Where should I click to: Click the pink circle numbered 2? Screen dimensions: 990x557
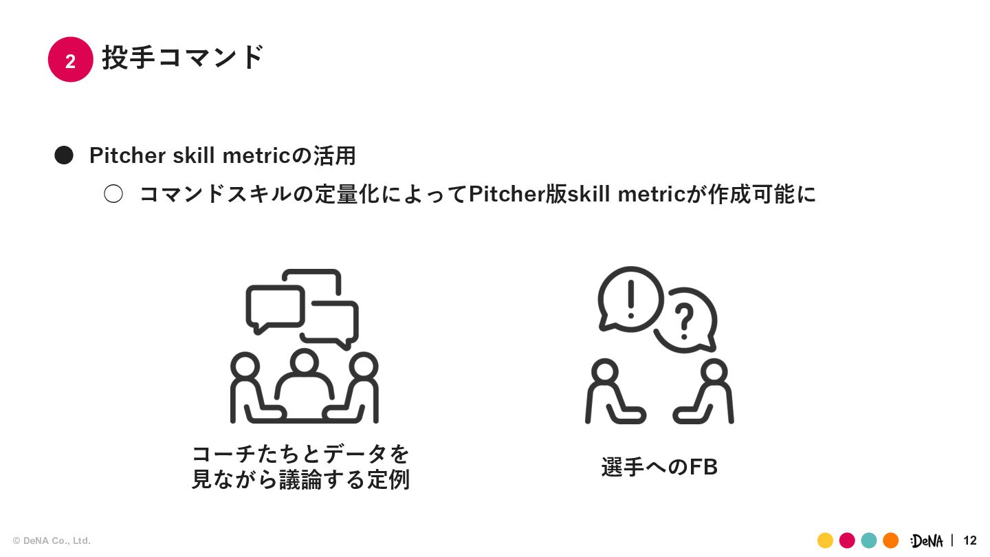point(70,60)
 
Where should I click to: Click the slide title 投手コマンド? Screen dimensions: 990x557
point(183,57)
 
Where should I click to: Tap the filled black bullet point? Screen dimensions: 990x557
point(64,155)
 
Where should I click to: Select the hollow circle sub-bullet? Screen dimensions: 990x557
point(113,194)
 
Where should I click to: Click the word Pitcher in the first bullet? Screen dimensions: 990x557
point(127,156)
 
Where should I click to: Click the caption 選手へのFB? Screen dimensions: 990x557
point(659,467)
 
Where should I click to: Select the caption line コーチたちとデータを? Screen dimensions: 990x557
point(300,454)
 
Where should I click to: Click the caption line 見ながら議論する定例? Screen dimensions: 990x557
point(300,480)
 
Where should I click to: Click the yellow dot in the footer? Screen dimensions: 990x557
point(825,540)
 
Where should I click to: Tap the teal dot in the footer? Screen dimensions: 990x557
point(869,540)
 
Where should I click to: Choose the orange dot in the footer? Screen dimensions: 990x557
point(891,540)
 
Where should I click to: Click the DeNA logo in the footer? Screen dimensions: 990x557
point(927,541)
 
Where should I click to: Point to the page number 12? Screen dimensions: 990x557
point(970,540)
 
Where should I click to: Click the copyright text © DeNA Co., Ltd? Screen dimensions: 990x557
point(52,541)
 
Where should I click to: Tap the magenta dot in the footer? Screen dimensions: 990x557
point(847,540)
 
